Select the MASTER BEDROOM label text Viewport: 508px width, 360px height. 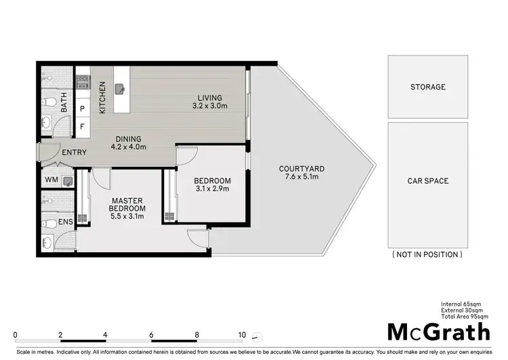pyautogui.click(x=127, y=203)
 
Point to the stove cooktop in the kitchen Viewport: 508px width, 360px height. pyautogui.click(x=83, y=82)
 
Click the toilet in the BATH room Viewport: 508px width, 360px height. pyautogui.click(x=50, y=102)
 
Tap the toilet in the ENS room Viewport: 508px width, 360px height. pyautogui.click(x=49, y=222)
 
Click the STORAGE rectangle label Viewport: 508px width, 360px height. pyautogui.click(x=427, y=87)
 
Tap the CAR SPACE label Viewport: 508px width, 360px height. pyautogui.click(x=427, y=181)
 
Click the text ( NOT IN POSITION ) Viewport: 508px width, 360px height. pyautogui.click(x=427, y=254)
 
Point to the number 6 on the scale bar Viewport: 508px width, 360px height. pyautogui.click(x=151, y=334)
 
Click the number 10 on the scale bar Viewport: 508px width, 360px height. pyautogui.click(x=241, y=334)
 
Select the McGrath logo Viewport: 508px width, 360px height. pyautogui.click(x=438, y=332)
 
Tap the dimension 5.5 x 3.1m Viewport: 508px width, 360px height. pyautogui.click(x=127, y=217)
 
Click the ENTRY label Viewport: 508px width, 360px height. pyautogui.click(x=74, y=153)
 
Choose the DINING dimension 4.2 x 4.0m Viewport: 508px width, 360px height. pyautogui.click(x=129, y=146)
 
